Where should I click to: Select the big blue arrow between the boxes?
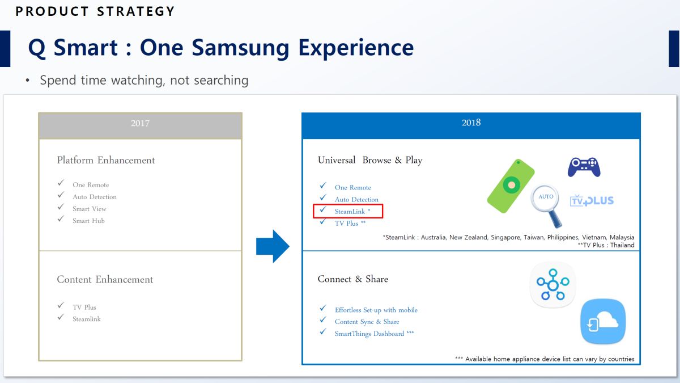tap(273, 246)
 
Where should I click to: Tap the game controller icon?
tap(584, 167)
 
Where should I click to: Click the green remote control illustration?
tap(511, 186)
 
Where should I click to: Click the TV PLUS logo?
tap(592, 201)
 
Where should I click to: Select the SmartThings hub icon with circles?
tap(552, 285)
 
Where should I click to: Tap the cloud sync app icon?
tap(603, 322)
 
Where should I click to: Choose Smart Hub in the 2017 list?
tap(88, 221)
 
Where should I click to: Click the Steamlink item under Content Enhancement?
tap(87, 319)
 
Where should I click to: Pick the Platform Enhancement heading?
tap(105, 160)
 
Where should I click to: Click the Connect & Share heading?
tap(352, 279)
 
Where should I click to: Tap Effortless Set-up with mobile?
tap(376, 310)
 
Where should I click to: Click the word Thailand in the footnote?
tap(622, 245)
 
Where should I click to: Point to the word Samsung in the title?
tap(240, 48)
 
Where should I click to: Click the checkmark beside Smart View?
tap(61, 207)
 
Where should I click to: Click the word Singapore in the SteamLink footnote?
tap(505, 237)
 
